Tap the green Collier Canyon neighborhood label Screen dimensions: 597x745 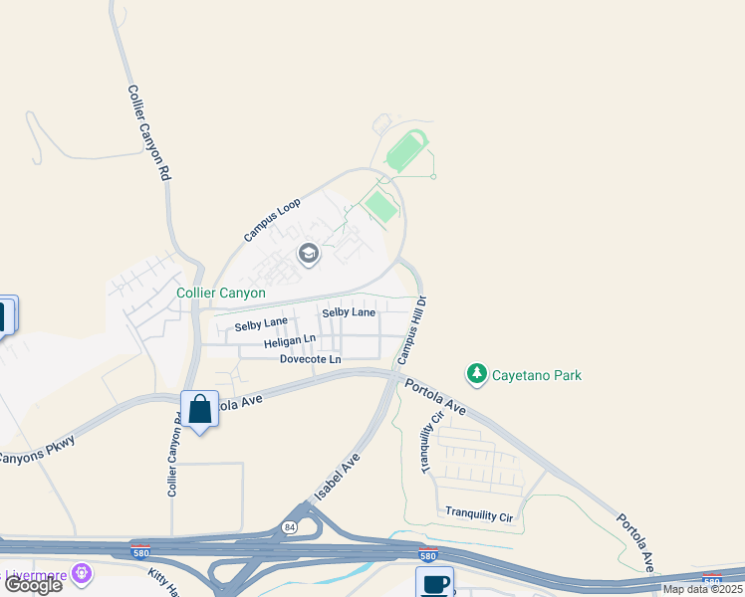click(221, 293)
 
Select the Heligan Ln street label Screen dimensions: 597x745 click(290, 342)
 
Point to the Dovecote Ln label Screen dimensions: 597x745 click(310, 359)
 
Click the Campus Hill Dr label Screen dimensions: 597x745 click(411, 329)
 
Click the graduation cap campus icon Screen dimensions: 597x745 click(309, 256)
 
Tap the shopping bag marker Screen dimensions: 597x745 click(200, 408)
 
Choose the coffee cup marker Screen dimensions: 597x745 click(433, 583)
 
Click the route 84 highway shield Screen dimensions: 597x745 click(289, 527)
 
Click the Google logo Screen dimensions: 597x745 click(32, 585)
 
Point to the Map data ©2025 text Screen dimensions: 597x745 click(703, 589)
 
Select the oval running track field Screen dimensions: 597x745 click(407, 152)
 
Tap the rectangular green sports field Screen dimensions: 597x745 click(380, 206)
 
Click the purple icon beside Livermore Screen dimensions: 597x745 click(81, 574)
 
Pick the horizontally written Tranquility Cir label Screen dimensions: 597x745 click(478, 515)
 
